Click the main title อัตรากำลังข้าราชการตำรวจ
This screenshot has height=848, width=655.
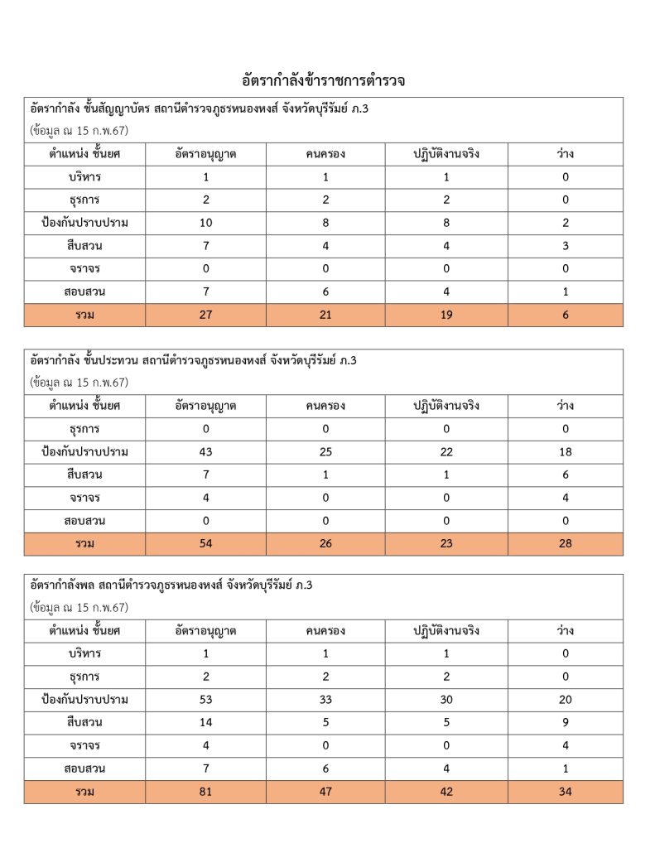[323, 81]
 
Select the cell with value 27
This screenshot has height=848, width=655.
[205, 315]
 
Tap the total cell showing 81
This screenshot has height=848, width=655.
[205, 792]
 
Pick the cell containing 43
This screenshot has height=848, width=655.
[205, 452]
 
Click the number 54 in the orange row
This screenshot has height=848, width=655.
[205, 544]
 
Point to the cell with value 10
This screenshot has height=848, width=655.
[205, 223]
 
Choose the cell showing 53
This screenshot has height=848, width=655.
[205, 700]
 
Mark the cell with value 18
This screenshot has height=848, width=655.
[566, 452]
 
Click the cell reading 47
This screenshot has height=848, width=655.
[325, 792]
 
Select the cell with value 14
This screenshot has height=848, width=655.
[205, 723]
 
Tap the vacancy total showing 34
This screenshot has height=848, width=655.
[566, 792]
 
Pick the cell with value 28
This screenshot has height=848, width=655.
[566, 544]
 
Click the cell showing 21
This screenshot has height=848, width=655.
[325, 315]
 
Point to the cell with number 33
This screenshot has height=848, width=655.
[325, 700]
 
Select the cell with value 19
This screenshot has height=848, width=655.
[446, 315]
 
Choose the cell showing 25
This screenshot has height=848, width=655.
[325, 452]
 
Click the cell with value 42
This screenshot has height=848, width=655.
[446, 792]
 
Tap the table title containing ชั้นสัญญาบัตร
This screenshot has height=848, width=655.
[198, 108]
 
